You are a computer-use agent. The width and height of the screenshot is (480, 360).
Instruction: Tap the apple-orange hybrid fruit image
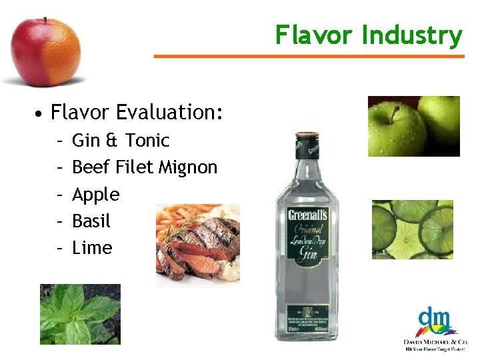pyautogui.click(x=45, y=51)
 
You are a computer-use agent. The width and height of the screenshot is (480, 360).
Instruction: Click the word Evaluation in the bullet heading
pyautogui.click(x=167, y=112)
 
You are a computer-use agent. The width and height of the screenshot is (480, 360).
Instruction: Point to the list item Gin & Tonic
pyautogui.click(x=121, y=141)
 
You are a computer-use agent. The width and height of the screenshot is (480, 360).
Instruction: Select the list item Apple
pyautogui.click(x=95, y=195)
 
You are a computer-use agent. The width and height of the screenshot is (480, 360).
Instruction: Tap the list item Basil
pyautogui.click(x=91, y=221)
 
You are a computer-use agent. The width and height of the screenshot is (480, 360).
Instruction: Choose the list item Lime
pyautogui.click(x=92, y=248)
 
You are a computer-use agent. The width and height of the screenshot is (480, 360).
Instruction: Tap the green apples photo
pyautogui.click(x=413, y=126)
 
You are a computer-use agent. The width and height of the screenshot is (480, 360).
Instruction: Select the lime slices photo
pyautogui.click(x=412, y=229)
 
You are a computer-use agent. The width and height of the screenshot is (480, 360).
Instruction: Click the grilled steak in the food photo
pyautogui.click(x=193, y=247)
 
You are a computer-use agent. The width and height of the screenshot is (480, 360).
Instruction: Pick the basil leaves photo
pyautogui.click(x=80, y=314)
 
